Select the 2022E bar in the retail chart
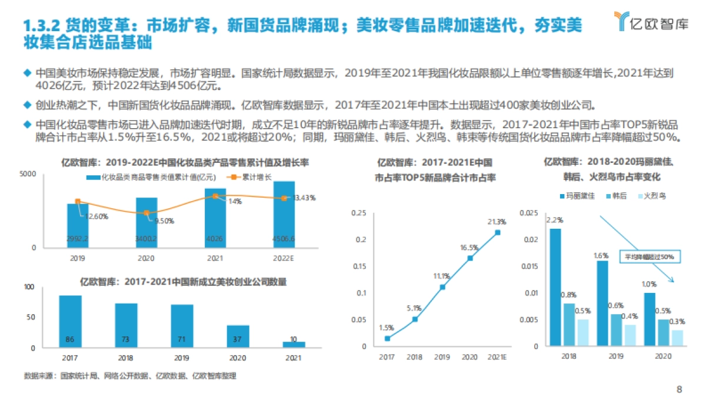click(x=284, y=215)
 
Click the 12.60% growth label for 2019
click(x=96, y=216)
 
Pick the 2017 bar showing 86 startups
click(x=71, y=322)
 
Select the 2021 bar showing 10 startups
click(x=294, y=345)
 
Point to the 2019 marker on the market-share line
click(x=442, y=287)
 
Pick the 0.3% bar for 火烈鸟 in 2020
click(x=678, y=338)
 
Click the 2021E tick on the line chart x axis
click(x=498, y=357)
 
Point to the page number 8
click(x=680, y=388)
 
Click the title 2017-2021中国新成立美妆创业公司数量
click(x=183, y=282)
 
